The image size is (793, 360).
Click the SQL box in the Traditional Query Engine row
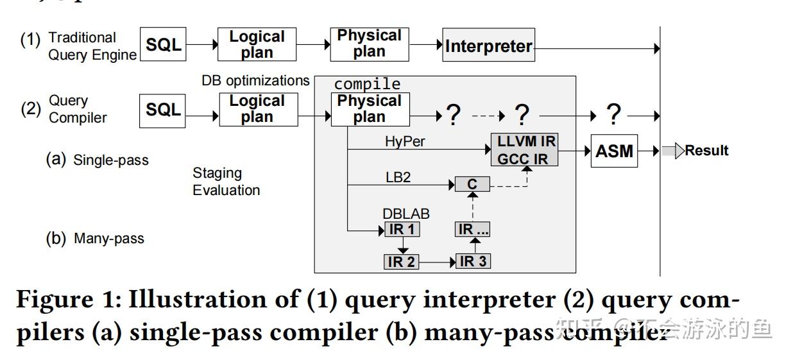pos(163,45)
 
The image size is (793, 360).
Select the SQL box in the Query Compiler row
pos(163,110)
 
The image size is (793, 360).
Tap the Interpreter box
pos(489,46)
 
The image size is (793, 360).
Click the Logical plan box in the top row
pos(257,45)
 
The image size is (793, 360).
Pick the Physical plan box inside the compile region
pos(370,109)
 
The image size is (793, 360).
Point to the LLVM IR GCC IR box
pos(524,150)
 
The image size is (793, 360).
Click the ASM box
pos(614,151)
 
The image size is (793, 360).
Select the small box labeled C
pos(472,185)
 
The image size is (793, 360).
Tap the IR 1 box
pos(402,230)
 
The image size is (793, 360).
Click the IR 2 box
pos(402,262)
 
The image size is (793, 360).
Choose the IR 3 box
pos(473,261)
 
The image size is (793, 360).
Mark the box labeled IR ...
pos(473,229)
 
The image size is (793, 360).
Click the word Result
pos(706,151)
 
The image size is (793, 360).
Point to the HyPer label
pos(405,142)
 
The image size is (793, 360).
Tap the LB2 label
pos(398,177)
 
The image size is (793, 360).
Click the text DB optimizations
pos(255,81)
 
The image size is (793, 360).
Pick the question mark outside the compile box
pos(613,114)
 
